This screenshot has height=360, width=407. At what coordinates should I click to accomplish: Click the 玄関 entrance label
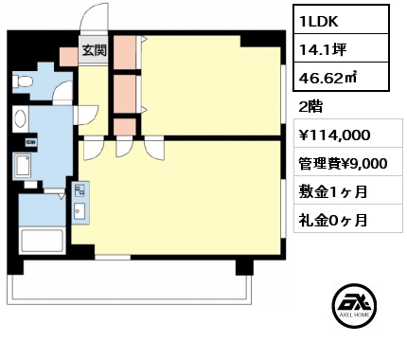click(95, 50)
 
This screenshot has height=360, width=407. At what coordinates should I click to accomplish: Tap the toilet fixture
click(22, 81)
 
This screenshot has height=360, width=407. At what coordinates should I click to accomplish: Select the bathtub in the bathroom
click(42, 241)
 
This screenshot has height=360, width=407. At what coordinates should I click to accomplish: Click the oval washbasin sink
click(21, 118)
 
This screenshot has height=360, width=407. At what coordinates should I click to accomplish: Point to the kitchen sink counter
click(80, 203)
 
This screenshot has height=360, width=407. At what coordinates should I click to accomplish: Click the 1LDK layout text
click(319, 21)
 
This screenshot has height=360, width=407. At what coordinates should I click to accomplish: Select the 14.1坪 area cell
click(323, 49)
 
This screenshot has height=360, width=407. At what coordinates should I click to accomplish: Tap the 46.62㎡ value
click(327, 78)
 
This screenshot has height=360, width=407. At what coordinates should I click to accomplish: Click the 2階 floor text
click(310, 107)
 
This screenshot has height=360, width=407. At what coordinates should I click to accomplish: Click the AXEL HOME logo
click(354, 306)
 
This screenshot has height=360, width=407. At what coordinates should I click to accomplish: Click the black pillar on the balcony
click(244, 267)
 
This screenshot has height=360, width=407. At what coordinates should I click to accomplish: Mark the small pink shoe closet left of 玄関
click(69, 57)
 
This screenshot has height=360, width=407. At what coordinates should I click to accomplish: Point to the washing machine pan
click(23, 165)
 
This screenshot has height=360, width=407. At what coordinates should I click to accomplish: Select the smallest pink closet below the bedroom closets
click(125, 126)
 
